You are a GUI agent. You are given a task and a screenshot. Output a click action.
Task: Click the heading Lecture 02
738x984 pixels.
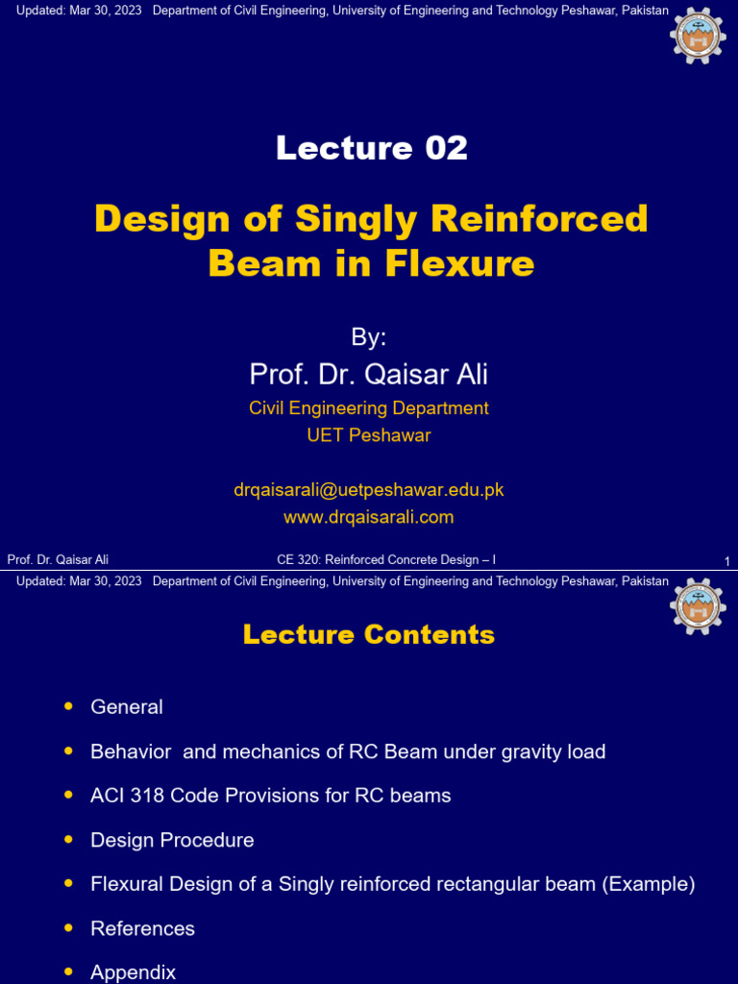(x=371, y=148)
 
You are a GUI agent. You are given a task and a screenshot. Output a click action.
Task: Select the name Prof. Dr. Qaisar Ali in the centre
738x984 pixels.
(x=369, y=374)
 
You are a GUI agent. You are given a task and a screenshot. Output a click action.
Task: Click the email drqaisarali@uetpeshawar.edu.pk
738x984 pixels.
(x=369, y=490)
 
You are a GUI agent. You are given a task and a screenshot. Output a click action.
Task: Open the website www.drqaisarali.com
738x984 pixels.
(x=369, y=517)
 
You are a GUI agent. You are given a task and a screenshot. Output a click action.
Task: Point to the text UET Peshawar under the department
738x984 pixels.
(x=369, y=435)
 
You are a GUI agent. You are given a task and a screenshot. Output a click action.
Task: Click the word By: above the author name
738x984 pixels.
(x=369, y=337)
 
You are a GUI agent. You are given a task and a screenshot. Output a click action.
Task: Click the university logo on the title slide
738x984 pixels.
(x=697, y=36)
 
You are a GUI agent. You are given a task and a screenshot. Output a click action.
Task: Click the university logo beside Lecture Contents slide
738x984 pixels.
(x=697, y=605)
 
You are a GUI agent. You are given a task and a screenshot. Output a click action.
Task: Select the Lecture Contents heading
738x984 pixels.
(x=369, y=634)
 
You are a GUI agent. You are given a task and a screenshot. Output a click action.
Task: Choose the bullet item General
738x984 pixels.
(x=127, y=707)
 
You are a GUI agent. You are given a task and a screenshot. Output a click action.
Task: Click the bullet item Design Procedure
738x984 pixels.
(x=172, y=840)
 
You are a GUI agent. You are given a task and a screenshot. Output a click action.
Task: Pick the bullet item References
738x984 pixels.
(x=142, y=928)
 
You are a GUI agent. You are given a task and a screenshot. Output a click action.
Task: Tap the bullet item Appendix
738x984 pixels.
(x=133, y=972)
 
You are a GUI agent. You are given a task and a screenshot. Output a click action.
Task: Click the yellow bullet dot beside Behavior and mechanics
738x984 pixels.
(x=68, y=750)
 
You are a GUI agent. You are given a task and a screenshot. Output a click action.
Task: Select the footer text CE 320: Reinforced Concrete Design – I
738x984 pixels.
(x=386, y=560)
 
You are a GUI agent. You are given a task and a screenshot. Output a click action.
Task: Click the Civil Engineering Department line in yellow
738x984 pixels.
(x=369, y=408)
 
